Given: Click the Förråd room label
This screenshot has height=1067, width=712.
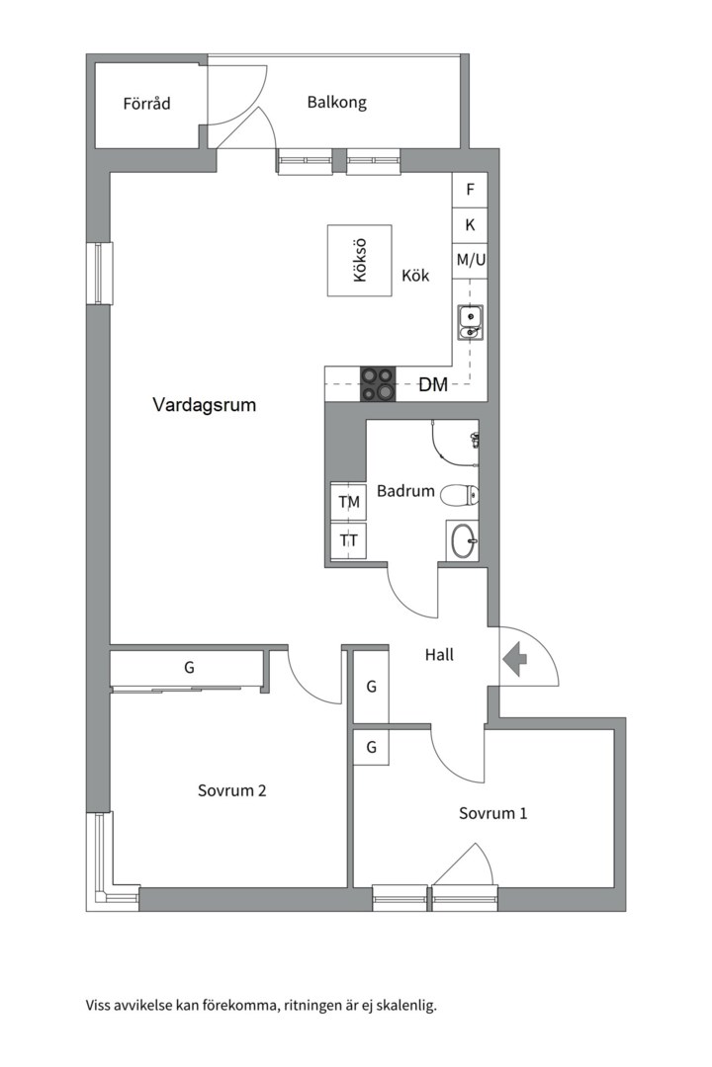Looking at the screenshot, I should pos(146,103).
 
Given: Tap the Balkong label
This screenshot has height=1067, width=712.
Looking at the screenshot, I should pos(336,102).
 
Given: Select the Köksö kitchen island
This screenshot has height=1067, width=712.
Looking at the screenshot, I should pos(359,261).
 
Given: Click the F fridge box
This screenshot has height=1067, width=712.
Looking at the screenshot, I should pos(470,190).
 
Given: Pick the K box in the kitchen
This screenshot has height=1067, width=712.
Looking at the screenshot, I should pos(470,225).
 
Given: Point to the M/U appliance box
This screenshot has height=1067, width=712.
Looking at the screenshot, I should pos(470,260).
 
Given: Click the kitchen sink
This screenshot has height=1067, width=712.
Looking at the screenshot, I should pos(470,321).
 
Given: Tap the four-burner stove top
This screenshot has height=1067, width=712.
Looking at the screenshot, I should pos(376,384).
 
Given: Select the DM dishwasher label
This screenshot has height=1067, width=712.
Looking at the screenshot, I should pos(433,385).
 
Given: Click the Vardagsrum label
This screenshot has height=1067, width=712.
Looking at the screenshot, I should pos(205,405).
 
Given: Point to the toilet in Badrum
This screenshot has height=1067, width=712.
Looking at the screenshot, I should pos(459,494).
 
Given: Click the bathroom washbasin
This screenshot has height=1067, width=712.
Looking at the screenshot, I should pos(462,539).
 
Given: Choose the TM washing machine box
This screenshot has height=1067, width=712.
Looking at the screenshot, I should pos(349,503).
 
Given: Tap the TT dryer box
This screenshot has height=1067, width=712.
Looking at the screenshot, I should pos(349,540).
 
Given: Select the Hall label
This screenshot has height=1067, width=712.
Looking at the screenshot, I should pos(439,654).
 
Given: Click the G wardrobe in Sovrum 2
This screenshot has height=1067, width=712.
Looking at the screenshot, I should pos(189,669).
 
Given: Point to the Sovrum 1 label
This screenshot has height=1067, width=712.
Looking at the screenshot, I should pos(492,813).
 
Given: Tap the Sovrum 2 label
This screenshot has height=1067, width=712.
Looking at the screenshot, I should pos(231,790).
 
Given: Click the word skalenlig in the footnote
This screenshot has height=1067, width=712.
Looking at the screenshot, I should pos(400,1006).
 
